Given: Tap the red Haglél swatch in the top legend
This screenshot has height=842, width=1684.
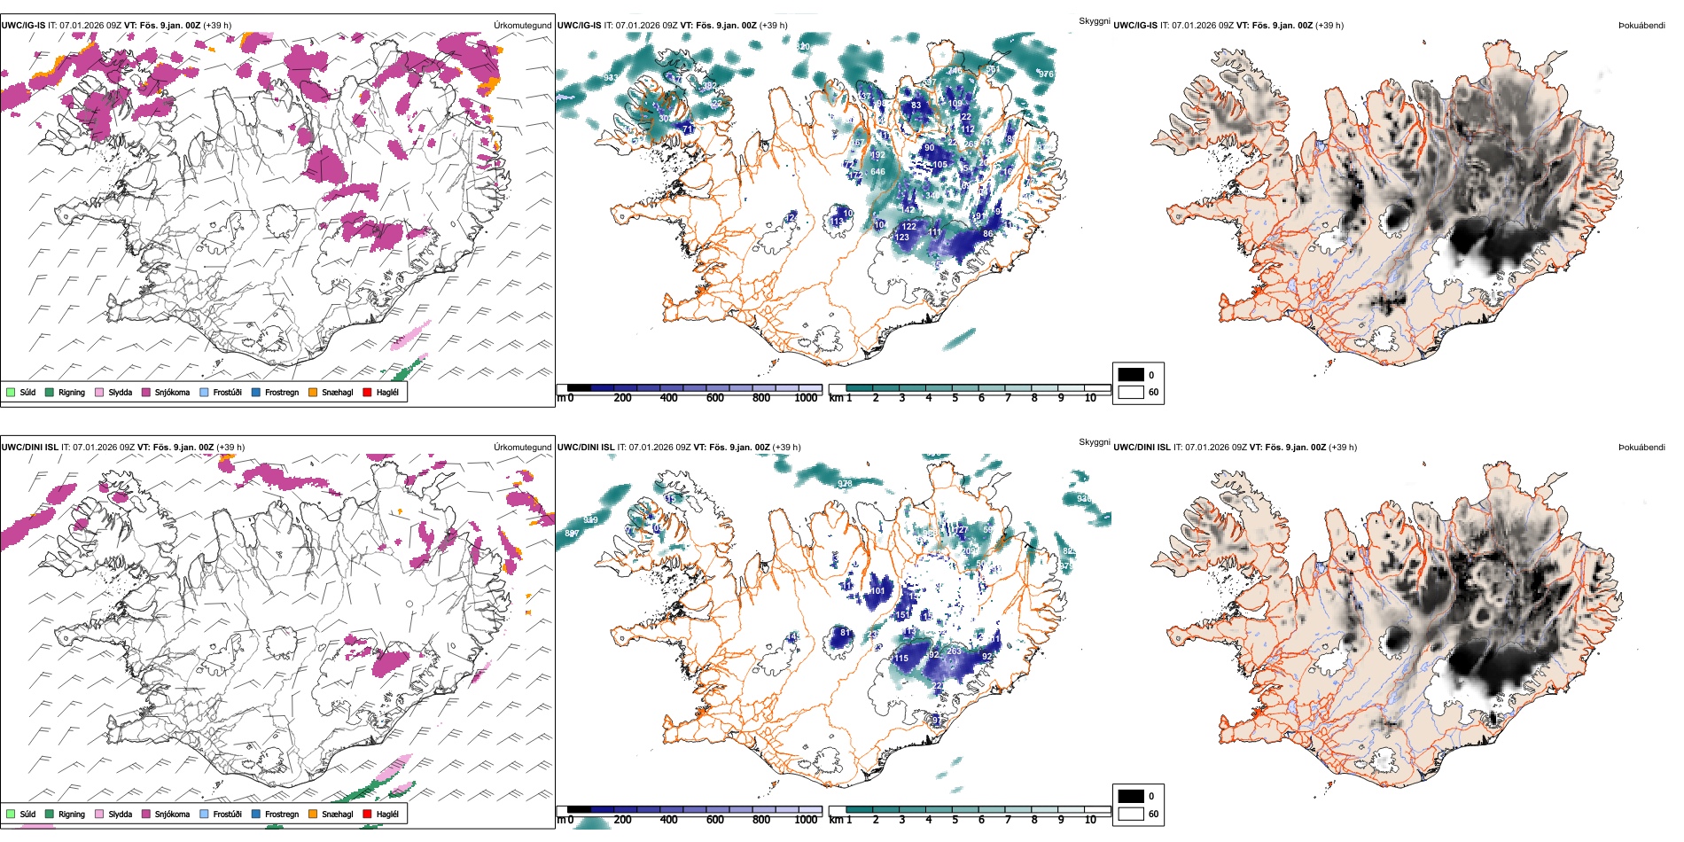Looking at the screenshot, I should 367,393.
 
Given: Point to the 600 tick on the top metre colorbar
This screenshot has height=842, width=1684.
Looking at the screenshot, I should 715,398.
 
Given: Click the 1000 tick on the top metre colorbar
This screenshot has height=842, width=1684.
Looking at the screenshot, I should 806,398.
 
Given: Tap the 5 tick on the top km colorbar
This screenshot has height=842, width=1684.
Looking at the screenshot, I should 955,398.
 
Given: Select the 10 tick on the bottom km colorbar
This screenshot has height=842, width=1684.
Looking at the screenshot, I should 1090,820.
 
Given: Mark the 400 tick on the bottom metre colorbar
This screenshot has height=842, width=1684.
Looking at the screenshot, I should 669,820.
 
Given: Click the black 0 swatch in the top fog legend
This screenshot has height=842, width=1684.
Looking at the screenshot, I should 1131,375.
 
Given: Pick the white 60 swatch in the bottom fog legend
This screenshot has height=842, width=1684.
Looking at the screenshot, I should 1131,814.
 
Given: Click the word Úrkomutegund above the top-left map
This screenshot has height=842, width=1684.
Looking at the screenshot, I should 522,26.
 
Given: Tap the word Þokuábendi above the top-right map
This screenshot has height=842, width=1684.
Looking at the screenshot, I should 1641,26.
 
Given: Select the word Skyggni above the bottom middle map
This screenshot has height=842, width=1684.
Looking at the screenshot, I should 1094,442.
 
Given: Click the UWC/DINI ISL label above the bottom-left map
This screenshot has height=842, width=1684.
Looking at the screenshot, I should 29,448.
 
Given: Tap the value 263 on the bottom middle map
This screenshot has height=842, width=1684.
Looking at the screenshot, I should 954,651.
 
